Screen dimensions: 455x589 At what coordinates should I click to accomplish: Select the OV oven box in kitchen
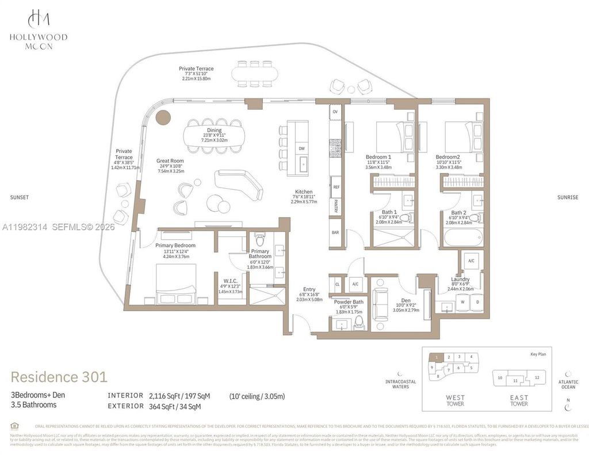pos(335,111)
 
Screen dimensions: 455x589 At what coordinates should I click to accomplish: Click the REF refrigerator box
pos(335,187)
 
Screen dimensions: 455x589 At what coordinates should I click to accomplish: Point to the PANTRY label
pos(335,206)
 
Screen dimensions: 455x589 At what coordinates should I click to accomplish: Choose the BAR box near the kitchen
pos(335,233)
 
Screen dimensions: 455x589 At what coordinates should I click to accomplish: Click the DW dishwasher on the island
pos(301,148)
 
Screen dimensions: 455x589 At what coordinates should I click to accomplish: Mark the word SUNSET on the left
pos(19,197)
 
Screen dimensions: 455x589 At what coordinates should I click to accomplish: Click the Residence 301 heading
pos(59,377)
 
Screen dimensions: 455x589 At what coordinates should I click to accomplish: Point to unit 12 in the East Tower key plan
pos(536,377)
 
